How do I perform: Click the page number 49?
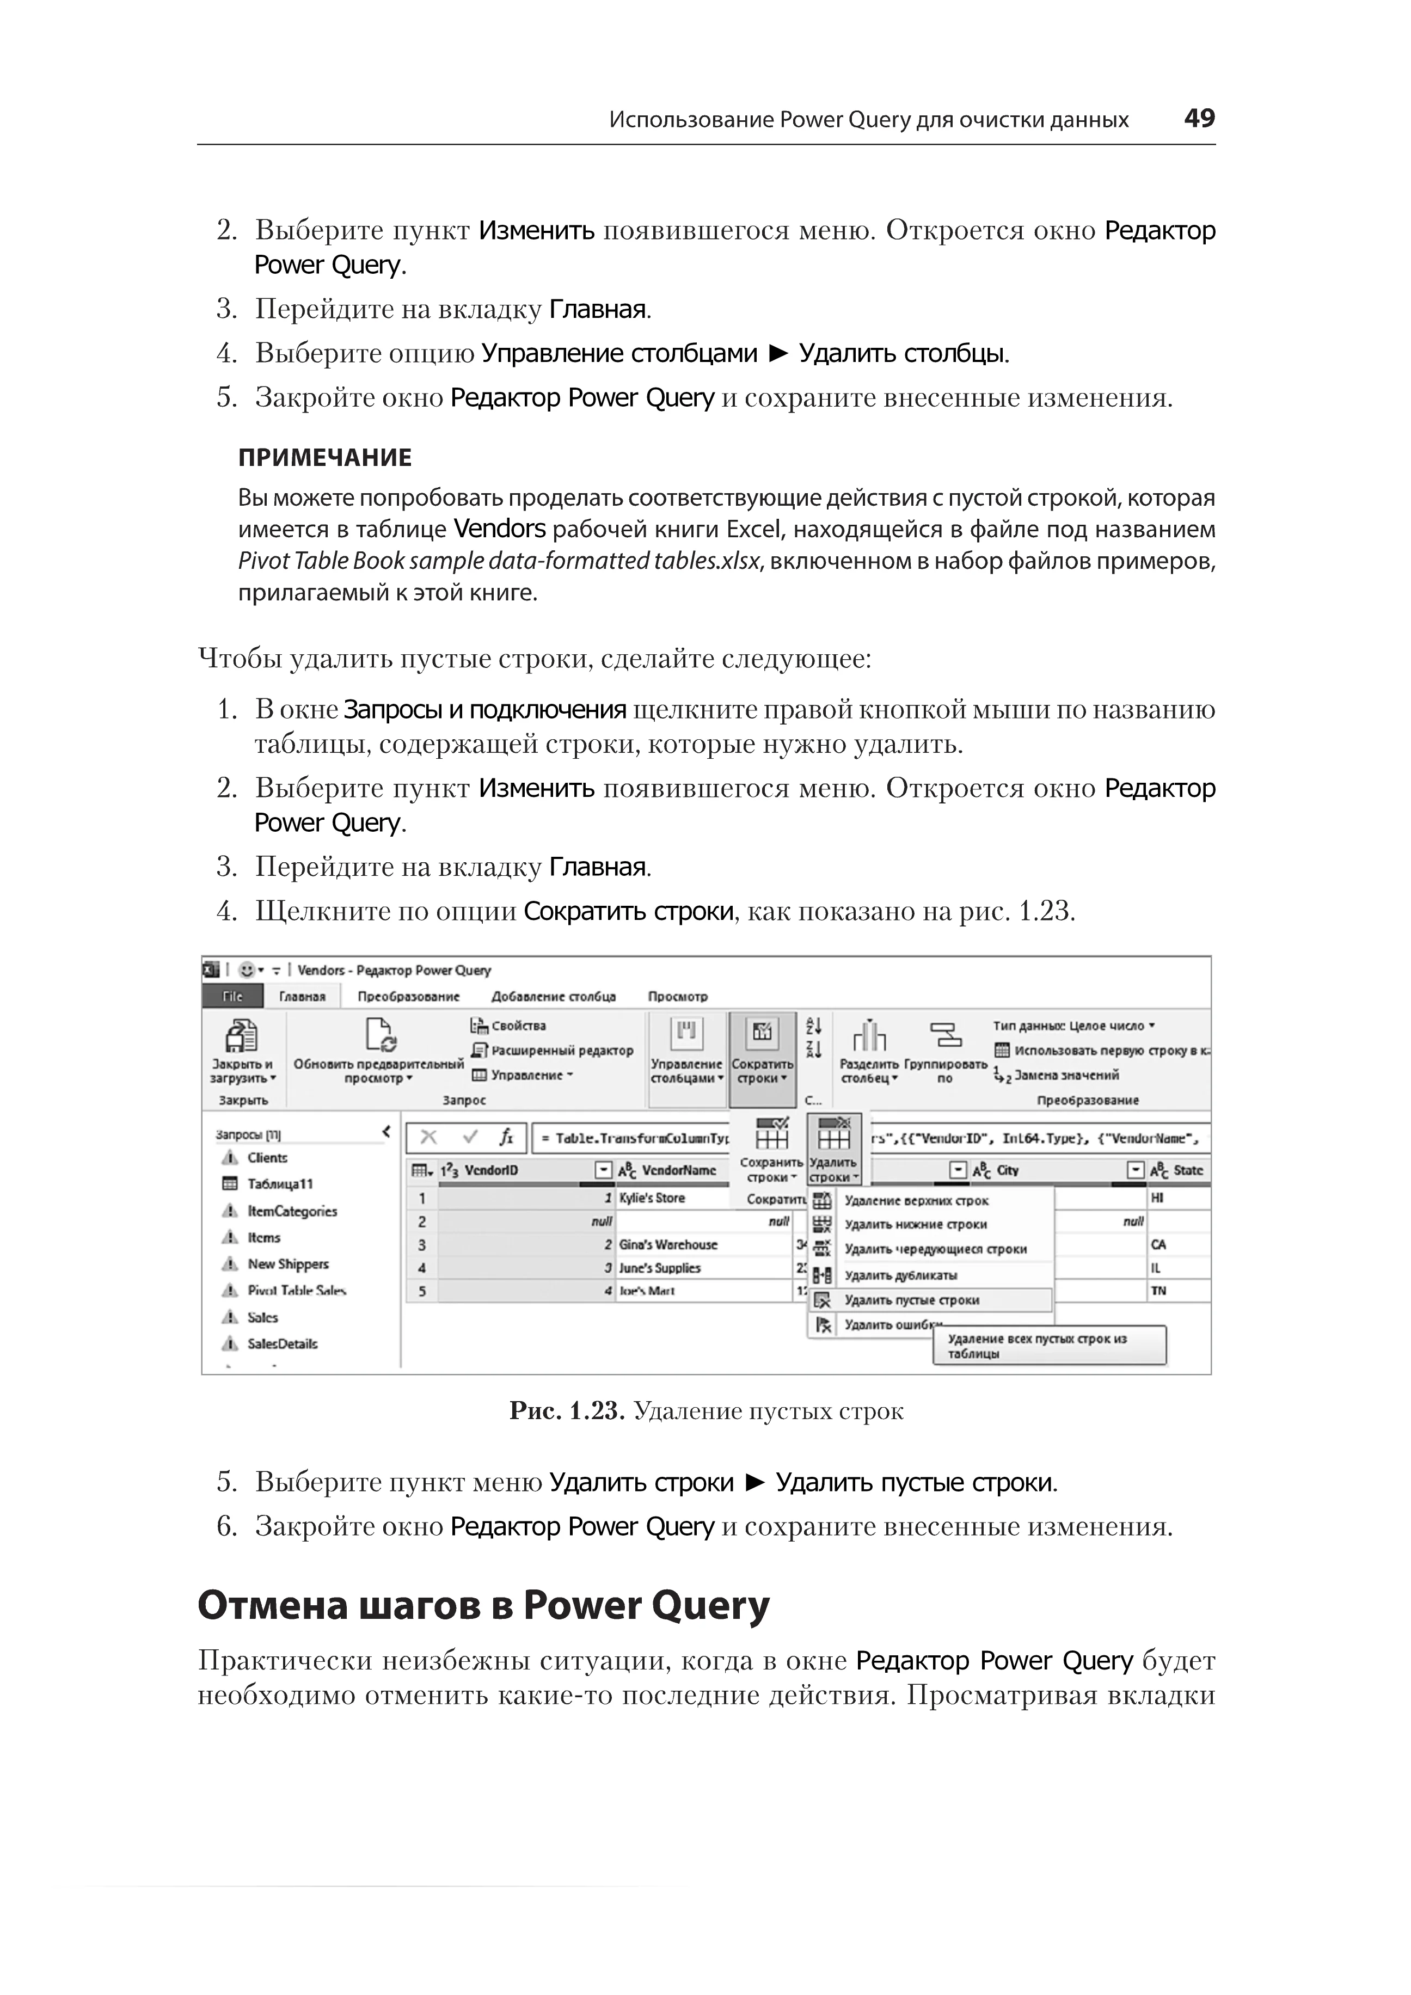[x=1199, y=118]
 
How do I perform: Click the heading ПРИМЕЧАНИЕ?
[x=325, y=458]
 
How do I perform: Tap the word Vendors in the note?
[x=500, y=529]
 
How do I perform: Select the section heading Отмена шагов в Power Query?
[x=483, y=1606]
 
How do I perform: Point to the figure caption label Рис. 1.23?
[x=567, y=1411]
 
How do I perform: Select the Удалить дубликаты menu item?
[x=900, y=1275]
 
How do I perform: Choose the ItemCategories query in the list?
[x=292, y=1211]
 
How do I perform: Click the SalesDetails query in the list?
[x=283, y=1343]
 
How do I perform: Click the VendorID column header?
[x=491, y=1170]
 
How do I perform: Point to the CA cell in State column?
[x=1158, y=1245]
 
